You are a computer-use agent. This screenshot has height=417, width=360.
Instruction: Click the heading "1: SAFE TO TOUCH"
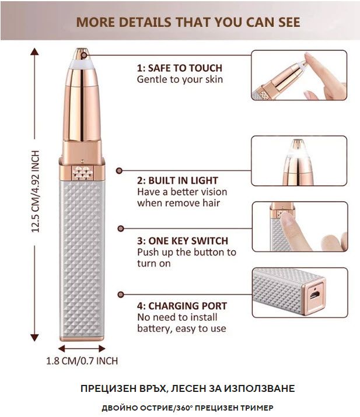pos(180,68)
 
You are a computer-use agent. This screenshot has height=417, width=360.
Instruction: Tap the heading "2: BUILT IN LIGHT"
pos(177,181)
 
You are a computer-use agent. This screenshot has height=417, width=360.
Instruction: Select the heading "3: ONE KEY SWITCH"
pos(183,241)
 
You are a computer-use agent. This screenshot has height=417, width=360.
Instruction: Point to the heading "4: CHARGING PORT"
pos(182,306)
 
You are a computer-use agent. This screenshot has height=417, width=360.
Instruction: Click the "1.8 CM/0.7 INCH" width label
pos(82,361)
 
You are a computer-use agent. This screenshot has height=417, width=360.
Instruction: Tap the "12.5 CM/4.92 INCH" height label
pos(36,191)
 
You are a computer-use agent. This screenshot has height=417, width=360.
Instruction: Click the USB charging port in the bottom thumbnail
pos(315,295)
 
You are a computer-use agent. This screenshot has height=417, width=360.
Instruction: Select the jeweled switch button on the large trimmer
pos(82,172)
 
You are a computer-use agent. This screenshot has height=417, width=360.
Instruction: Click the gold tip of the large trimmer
pos(82,53)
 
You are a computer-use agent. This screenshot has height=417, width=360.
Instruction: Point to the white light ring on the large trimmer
pos(82,64)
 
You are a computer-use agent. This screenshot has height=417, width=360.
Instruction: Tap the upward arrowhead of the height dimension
pos(34,51)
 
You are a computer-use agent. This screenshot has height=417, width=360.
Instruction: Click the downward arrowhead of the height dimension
pos(34,338)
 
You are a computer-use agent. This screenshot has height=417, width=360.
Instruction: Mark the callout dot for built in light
pos(119,170)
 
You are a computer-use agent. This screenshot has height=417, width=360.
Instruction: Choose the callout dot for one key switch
pos(121,229)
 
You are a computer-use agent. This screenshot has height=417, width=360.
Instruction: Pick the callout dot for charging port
pos(121,295)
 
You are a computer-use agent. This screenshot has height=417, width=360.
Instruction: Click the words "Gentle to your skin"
pos(180,79)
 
